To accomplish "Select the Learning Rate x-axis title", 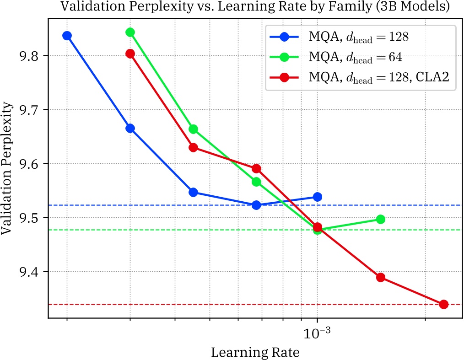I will (x=255, y=353).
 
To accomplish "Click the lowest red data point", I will (x=443, y=304).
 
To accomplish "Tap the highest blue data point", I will (x=67, y=36).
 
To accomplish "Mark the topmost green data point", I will (x=130, y=32).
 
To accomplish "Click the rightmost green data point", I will (x=380, y=220).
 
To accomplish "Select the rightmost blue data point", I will (x=317, y=197).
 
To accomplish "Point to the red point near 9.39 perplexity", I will (x=380, y=277).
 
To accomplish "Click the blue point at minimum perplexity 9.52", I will (x=256, y=205).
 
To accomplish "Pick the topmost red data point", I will (x=130, y=54).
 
